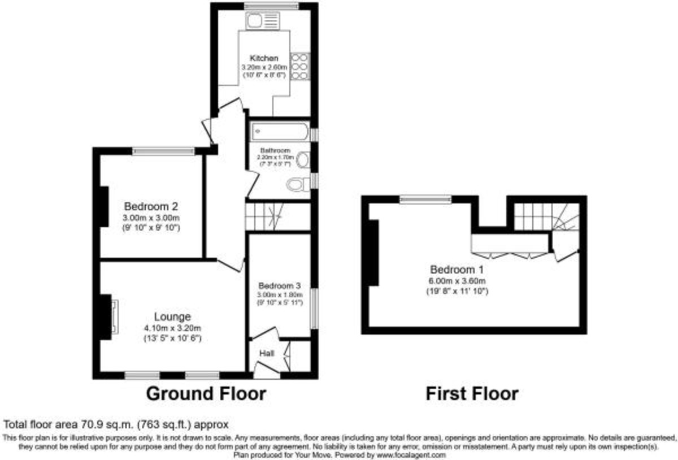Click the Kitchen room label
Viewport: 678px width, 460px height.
click(x=264, y=58)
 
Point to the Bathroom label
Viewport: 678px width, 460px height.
click(x=275, y=150)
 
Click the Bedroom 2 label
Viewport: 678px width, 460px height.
click(x=151, y=206)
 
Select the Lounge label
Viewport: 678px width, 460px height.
click(x=172, y=316)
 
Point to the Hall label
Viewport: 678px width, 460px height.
click(x=267, y=353)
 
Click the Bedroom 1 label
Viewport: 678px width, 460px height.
click(x=457, y=269)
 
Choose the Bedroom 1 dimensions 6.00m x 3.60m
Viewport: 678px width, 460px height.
click(x=457, y=281)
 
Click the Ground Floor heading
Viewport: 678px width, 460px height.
click(x=206, y=393)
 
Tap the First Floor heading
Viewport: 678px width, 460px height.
click(x=472, y=393)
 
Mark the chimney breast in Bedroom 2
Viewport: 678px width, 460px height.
click(x=104, y=206)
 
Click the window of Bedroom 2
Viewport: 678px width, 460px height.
click(x=164, y=151)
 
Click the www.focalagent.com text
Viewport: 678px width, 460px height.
click(x=411, y=454)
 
